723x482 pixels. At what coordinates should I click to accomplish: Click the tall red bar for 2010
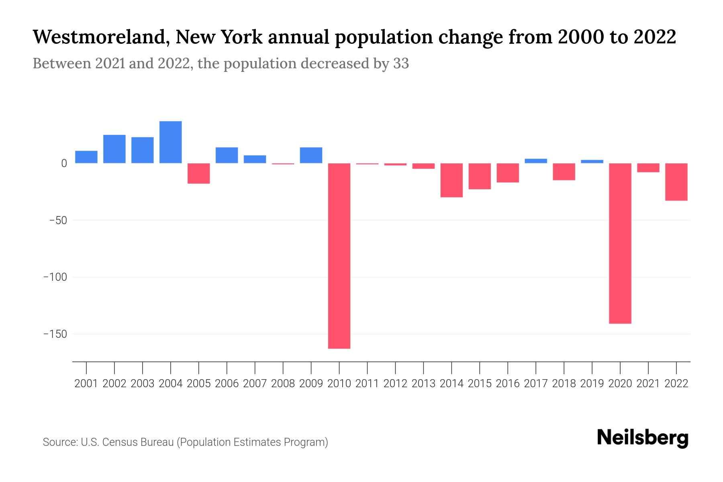click(339, 255)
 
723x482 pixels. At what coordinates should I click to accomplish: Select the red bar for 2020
click(620, 243)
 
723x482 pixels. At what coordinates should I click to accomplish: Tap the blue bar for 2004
click(170, 142)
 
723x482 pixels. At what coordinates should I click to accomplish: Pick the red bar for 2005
click(198, 173)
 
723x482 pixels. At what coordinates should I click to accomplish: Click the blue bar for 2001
click(86, 157)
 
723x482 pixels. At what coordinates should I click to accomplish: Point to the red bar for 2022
click(676, 182)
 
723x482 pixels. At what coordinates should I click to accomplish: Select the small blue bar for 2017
click(535, 161)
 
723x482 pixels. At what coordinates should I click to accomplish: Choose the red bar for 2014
click(451, 180)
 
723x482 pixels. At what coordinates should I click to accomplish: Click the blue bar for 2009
click(311, 155)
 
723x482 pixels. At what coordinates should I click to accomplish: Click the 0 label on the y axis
click(63, 163)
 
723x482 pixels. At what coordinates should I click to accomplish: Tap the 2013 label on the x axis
click(423, 384)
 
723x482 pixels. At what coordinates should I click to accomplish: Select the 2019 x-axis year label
click(592, 384)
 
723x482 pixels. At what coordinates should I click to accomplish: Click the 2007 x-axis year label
click(255, 384)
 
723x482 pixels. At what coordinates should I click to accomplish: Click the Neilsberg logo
click(643, 438)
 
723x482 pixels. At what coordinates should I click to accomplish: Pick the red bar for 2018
click(564, 172)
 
